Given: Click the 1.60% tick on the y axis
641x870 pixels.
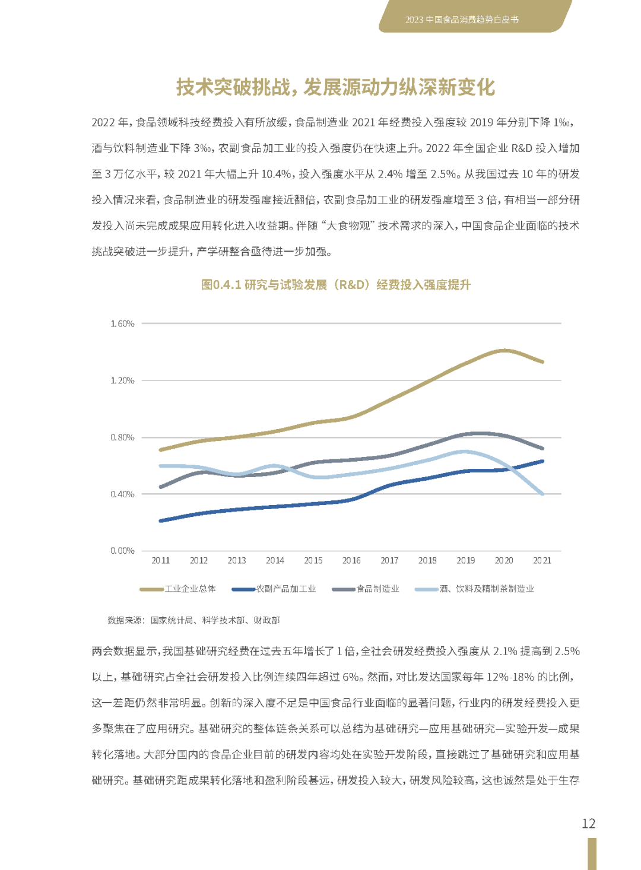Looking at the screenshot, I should [122, 323].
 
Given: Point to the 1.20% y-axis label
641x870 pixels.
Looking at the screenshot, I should [122, 380].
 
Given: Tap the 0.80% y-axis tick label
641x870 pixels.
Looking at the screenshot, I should [122, 437].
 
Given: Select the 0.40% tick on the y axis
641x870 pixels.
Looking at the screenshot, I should [122, 494].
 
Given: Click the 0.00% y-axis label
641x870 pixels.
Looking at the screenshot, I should [122, 551].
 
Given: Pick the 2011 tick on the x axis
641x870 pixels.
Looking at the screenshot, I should [161, 560].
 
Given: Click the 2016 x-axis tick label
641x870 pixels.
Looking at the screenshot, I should [351, 560].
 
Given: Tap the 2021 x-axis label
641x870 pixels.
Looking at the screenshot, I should [542, 560].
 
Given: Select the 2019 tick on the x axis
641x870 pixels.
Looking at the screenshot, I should [466, 560].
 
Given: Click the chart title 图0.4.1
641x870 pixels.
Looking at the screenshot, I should [336, 285].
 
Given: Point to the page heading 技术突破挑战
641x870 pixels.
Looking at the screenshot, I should [336, 87].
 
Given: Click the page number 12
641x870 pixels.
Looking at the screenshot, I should [588, 824].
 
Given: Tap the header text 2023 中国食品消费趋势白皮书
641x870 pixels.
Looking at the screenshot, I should [462, 20].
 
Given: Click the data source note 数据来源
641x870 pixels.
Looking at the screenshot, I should [193, 620].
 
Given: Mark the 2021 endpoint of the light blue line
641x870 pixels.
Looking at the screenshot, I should [542, 494].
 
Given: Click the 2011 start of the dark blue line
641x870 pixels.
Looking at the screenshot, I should [161, 520].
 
